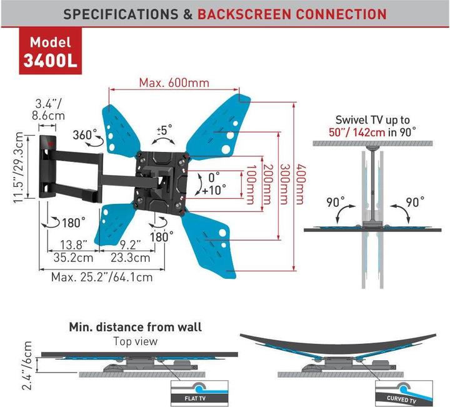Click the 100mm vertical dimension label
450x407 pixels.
coord(251,182)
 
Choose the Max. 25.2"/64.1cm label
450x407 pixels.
coord(102,276)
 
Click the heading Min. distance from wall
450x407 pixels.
coord(135,326)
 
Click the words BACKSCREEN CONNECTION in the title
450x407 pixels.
coord(292,13)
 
